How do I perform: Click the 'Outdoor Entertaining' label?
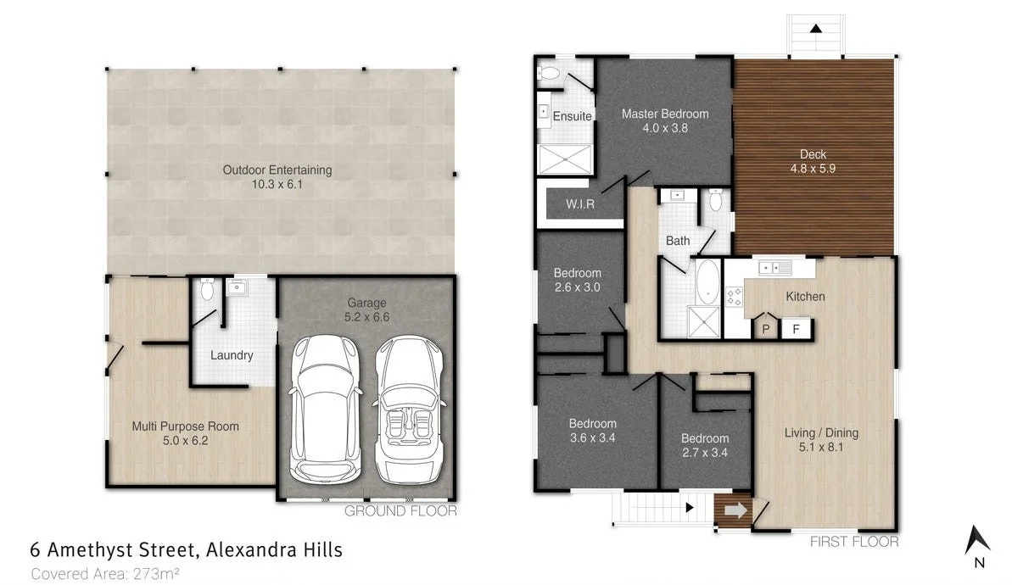click(277, 170)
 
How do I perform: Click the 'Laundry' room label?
click(232, 355)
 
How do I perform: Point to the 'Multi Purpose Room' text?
click(185, 426)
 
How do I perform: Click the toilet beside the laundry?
click(207, 291)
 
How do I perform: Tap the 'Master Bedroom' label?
click(664, 114)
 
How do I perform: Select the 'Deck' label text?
click(813, 154)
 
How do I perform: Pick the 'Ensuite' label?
click(572, 116)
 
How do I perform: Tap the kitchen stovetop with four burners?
click(733, 297)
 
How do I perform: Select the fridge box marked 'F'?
click(795, 329)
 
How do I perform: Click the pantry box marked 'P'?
click(765, 329)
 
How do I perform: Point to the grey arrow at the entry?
click(735, 511)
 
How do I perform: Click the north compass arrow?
click(978, 540)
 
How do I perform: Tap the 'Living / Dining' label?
click(820, 432)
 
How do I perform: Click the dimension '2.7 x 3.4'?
click(705, 453)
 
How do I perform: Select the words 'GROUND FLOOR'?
click(400, 511)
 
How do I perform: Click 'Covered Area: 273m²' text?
click(104, 574)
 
